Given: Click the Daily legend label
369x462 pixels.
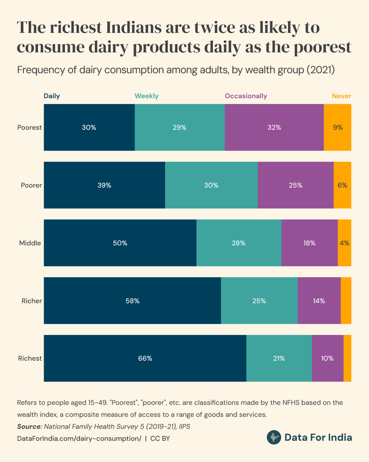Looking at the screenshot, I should click(x=52, y=96).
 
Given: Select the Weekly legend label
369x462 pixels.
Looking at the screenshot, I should click(x=146, y=96).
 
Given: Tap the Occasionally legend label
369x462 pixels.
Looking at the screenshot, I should click(x=246, y=96).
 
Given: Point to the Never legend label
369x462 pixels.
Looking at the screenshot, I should click(x=341, y=96).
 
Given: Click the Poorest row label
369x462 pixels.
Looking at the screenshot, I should click(x=30, y=127).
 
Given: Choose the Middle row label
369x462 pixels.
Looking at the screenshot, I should click(x=30, y=243).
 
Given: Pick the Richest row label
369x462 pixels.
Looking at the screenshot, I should click(x=30, y=358).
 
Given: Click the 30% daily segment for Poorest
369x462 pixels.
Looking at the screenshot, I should click(x=89, y=127).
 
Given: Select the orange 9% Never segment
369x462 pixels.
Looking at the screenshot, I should click(x=337, y=127).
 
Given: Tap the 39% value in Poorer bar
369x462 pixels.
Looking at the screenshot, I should click(x=104, y=185).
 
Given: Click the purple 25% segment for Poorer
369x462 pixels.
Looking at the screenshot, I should click(x=296, y=185).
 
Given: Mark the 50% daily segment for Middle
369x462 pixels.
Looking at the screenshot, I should click(x=120, y=243).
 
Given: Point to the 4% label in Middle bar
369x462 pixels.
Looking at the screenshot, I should click(x=344, y=243).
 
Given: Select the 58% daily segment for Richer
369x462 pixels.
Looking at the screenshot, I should click(x=132, y=301).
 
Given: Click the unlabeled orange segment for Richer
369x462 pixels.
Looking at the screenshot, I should click(x=346, y=301).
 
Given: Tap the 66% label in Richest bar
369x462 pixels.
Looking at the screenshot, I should click(x=145, y=358).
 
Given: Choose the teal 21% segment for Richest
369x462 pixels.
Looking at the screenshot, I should click(x=279, y=358).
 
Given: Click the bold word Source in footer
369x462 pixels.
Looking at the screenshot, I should click(x=29, y=427).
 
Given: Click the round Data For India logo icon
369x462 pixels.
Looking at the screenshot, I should click(x=274, y=437).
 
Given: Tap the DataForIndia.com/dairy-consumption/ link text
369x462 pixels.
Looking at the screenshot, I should click(x=79, y=438).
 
